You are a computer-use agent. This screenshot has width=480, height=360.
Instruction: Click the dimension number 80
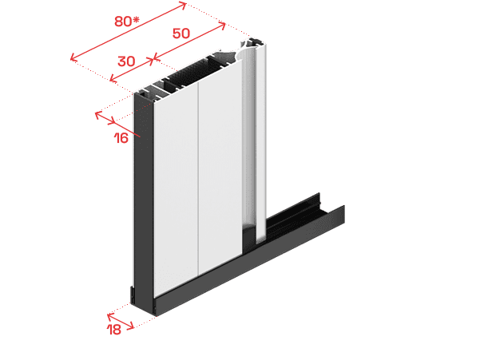[123, 22]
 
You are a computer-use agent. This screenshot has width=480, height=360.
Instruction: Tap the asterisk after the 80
[136, 20]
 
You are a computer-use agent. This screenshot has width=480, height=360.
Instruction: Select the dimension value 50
[181, 34]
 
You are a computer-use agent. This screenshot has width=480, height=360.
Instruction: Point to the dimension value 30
[126, 61]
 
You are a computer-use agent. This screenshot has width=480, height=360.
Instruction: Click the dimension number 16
[121, 138]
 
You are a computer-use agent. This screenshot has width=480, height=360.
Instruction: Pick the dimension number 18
[114, 330]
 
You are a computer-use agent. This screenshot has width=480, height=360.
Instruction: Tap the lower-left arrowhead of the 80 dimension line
[73, 57]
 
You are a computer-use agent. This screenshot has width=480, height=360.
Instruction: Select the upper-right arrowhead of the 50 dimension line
[222, 26]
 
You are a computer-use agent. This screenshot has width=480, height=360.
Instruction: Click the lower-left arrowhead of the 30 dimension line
[113, 79]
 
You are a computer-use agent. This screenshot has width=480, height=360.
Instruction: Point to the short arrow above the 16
[105, 118]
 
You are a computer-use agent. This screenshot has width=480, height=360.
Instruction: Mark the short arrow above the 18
[121, 321]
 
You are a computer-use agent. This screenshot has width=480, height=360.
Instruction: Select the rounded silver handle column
[254, 140]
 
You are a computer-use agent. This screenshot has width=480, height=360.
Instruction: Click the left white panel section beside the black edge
[176, 190]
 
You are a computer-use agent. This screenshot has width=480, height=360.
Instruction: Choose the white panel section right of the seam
[220, 172]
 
